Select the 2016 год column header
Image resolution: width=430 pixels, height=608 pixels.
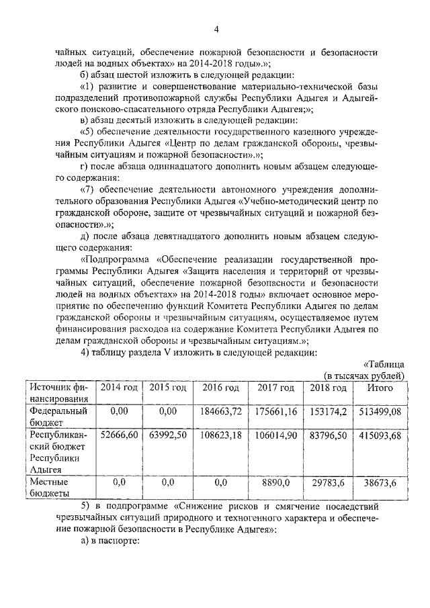pos(220,388)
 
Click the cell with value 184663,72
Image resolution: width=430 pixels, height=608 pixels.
pos(220,410)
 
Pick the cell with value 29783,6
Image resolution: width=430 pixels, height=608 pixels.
pos(328,482)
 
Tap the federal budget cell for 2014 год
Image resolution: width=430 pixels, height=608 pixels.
pos(119,410)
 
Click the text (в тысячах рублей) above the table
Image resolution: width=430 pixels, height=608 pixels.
pos(363,374)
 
